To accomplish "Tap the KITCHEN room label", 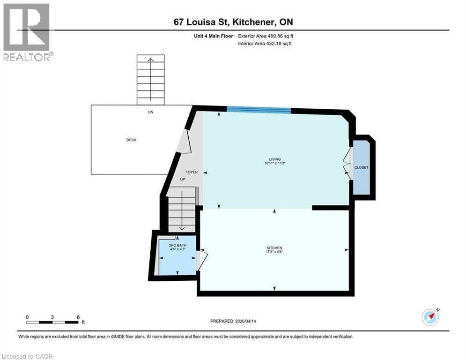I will click(x=274, y=247).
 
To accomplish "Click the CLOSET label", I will click(x=362, y=167).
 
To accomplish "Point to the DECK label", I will click(x=131, y=140).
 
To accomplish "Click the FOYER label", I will click(x=191, y=172).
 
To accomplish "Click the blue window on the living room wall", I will click(x=259, y=110).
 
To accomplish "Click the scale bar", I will click(x=52, y=322).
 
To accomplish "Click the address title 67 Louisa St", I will click(x=233, y=22).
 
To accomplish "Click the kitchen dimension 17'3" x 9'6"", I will click(x=274, y=252).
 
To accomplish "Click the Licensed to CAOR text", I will click(x=27, y=356).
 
